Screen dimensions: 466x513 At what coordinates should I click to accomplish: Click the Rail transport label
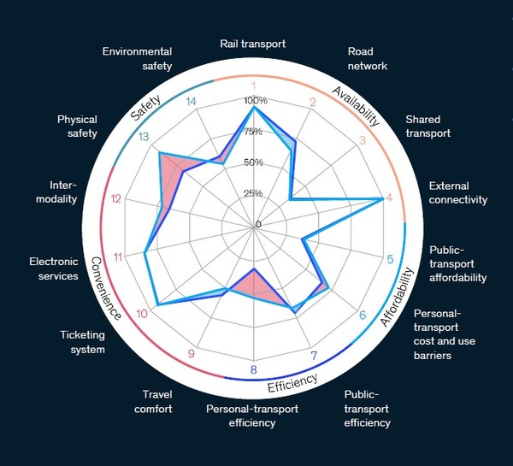click(x=252, y=44)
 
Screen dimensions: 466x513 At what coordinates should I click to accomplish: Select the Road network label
click(x=368, y=58)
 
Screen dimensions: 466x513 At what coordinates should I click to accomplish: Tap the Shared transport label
click(x=427, y=127)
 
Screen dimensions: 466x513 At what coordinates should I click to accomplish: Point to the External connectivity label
click(x=457, y=192)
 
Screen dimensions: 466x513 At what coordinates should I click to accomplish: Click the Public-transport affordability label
click(x=457, y=263)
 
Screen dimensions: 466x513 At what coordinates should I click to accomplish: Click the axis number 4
click(x=390, y=199)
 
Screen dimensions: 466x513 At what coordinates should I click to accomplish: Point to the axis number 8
click(x=253, y=369)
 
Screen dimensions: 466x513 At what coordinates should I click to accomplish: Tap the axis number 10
click(x=142, y=314)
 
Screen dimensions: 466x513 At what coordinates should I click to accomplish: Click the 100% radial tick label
click(x=254, y=101)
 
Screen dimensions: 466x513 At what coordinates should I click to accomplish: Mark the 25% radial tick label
click(x=254, y=193)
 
